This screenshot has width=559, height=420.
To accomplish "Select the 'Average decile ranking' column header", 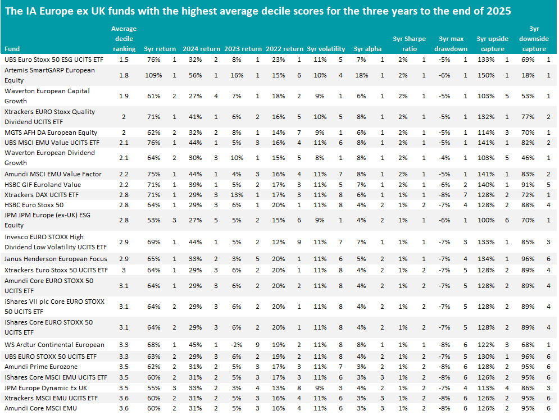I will click(124, 39).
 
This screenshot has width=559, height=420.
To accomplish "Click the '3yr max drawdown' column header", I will click(451, 43).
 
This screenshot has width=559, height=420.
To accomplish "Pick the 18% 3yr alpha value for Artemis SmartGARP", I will click(362, 75).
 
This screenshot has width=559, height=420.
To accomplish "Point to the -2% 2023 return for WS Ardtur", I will click(237, 345).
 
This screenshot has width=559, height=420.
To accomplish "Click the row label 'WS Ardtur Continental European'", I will click(54, 345).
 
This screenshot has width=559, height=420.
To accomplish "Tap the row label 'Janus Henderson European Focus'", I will click(54, 259).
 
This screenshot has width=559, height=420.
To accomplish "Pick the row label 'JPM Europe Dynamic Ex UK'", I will click(46, 387).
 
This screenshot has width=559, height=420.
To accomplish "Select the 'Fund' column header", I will click(12, 49).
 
